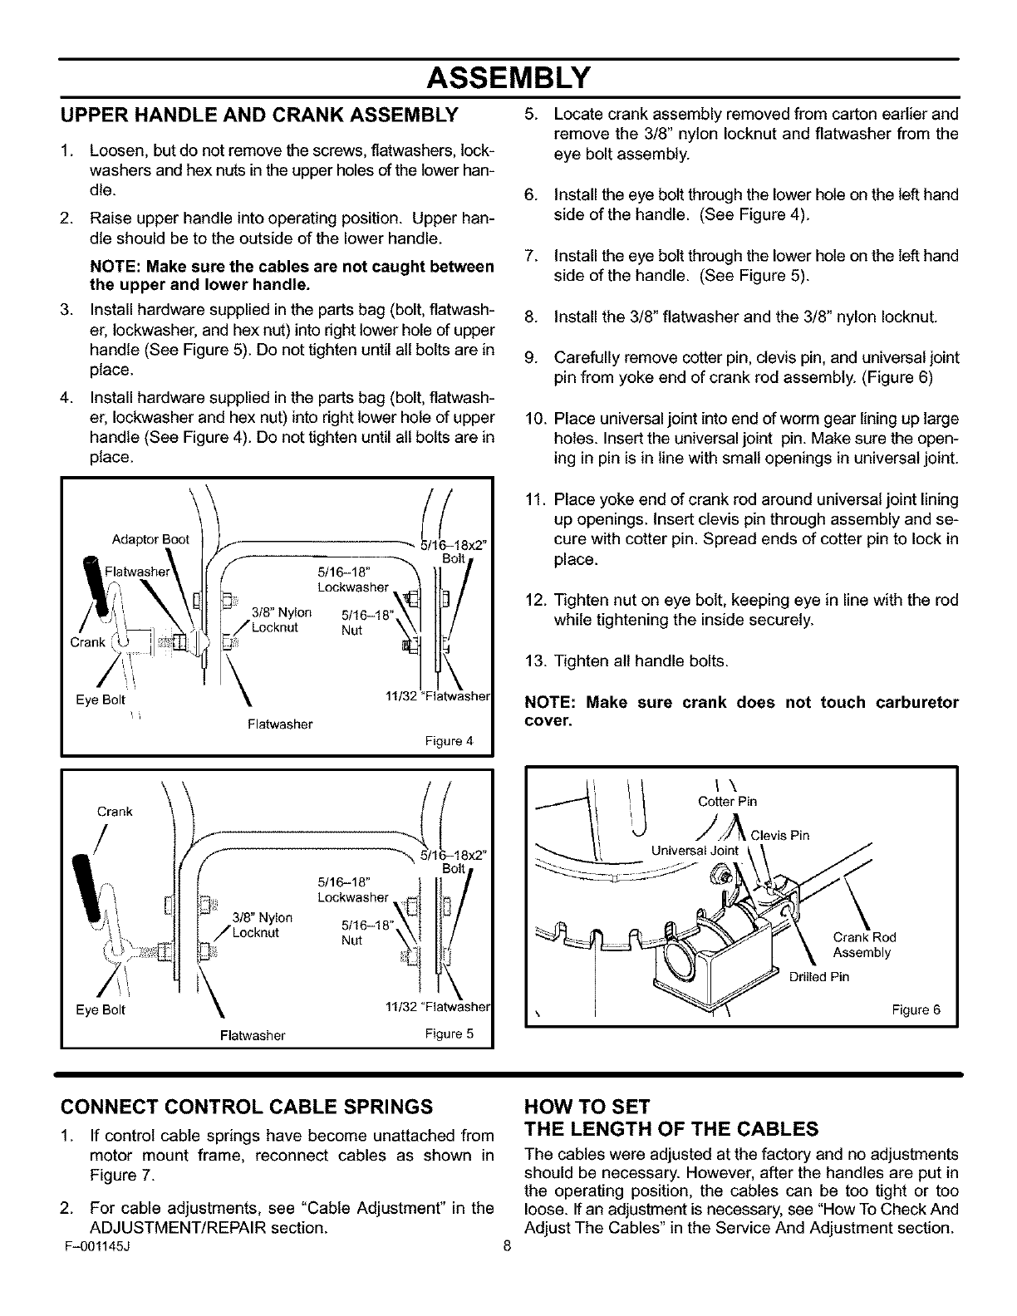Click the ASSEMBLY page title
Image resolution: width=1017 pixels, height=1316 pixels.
[508, 79]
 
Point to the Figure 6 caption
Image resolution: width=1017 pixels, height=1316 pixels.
[916, 1010]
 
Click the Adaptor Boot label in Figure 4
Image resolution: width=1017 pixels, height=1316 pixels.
[150, 539]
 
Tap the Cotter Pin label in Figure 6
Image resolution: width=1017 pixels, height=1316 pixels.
[727, 802]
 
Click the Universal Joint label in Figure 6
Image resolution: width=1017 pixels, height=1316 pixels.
[695, 850]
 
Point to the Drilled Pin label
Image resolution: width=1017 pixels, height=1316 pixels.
[819, 976]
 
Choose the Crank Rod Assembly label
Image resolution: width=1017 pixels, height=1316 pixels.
[863, 945]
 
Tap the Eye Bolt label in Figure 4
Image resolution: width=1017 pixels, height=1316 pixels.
[100, 700]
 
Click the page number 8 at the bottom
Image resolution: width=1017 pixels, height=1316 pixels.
[506, 1246]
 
